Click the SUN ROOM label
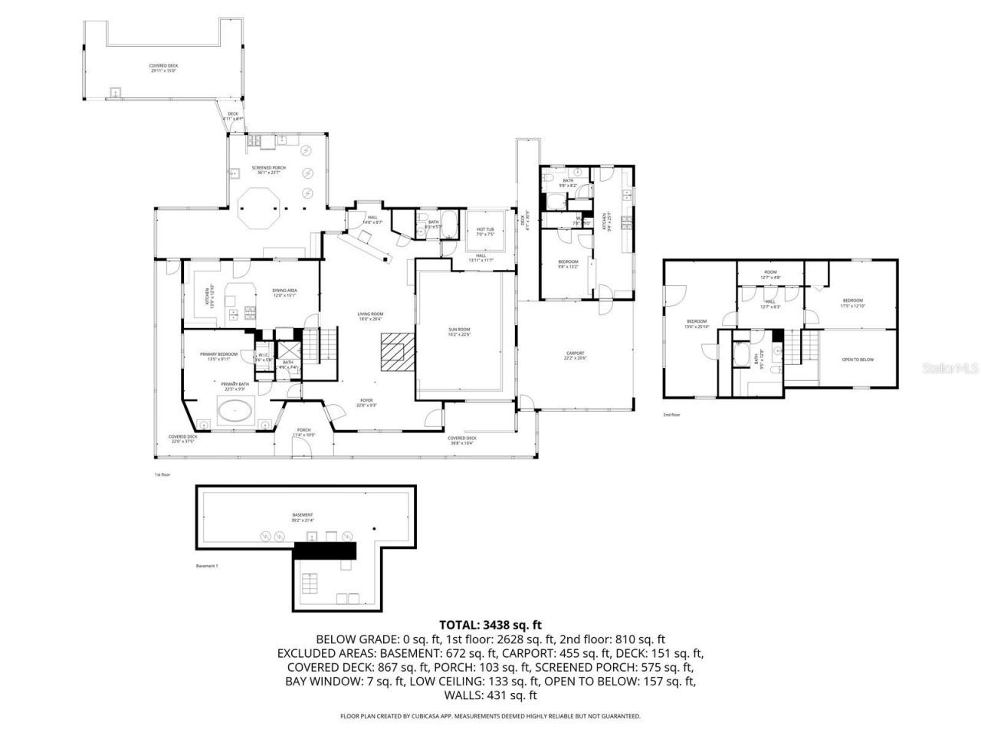point(459,331)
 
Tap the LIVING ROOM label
point(370,316)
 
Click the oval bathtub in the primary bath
point(236,412)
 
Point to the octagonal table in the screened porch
point(258,209)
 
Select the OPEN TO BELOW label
point(858,360)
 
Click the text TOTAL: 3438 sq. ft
point(490,625)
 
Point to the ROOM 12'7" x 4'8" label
point(770,274)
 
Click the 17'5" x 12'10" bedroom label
point(853,303)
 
